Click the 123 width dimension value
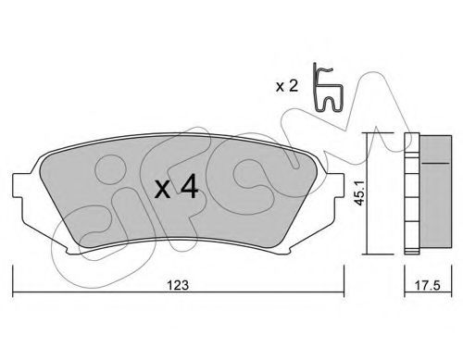point(178,285)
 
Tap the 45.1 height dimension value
point(359,193)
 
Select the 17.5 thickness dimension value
point(427,285)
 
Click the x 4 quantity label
point(176,186)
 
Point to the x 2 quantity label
point(287,86)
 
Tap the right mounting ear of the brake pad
point(336,185)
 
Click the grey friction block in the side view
point(435,192)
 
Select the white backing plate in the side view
point(412,193)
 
